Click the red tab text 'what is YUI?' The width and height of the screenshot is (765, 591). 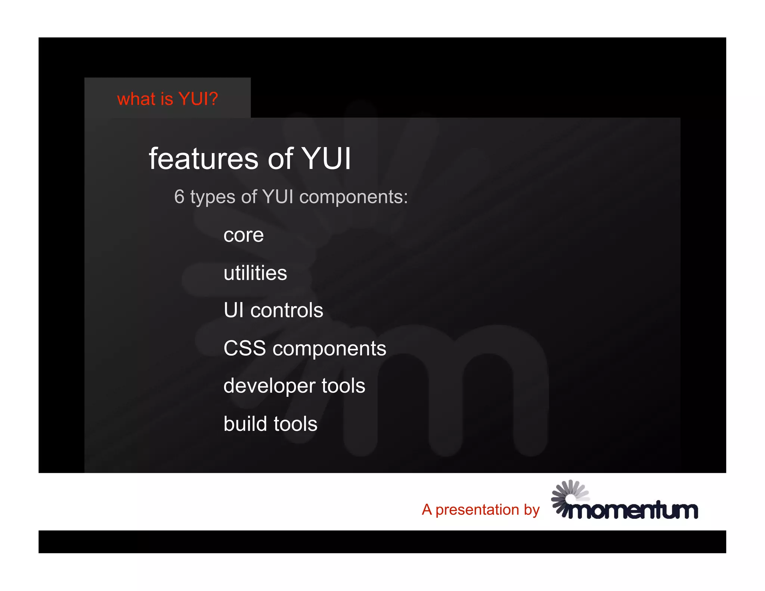[167, 99]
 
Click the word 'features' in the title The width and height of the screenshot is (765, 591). [204, 159]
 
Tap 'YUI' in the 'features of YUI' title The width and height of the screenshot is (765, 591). [326, 159]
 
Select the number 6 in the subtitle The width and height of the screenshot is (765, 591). [179, 197]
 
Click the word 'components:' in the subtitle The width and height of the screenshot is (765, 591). [353, 197]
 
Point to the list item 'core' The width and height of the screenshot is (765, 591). [244, 235]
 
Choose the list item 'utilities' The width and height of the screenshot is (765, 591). [255, 273]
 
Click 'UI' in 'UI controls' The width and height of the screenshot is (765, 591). [233, 310]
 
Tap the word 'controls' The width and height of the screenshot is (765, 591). [287, 310]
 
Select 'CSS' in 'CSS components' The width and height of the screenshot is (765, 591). [245, 348]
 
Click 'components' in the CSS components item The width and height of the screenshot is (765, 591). [329, 349]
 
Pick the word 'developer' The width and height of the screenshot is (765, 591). [269, 386]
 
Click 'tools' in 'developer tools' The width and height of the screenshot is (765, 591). [343, 386]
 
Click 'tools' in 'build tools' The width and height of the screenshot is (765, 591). [295, 424]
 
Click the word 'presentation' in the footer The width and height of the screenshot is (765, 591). [477, 510]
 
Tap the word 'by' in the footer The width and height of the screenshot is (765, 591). [532, 510]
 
